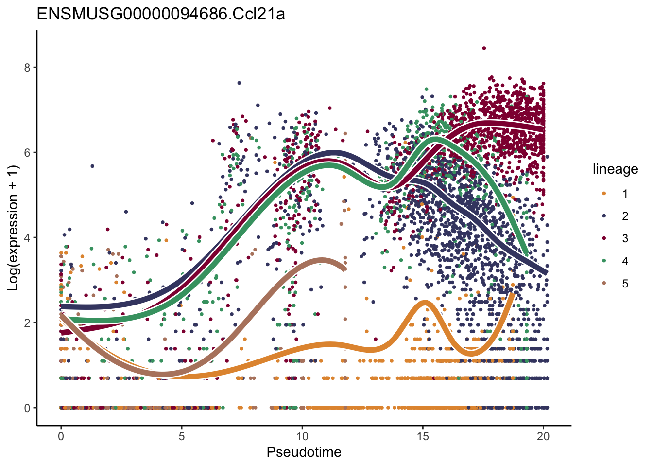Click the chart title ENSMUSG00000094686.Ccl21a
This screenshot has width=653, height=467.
160,14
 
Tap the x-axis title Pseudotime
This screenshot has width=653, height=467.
304,452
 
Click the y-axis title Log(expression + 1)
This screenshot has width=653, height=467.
13,228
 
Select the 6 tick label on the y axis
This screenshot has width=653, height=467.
27,152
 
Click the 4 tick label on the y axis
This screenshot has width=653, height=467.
27,237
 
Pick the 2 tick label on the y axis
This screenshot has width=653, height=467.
27,323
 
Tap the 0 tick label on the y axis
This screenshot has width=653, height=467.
27,408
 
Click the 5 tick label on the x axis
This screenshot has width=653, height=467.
181,436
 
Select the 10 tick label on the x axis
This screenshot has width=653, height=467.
302,436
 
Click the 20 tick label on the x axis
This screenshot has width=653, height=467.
543,436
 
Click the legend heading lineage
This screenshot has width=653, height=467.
615,169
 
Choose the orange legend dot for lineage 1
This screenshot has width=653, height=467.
604,194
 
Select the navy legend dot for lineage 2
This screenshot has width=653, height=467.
604,216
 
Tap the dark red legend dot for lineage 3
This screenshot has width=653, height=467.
604,238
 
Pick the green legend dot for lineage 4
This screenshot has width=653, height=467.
604,261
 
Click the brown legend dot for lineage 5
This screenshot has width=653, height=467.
604,284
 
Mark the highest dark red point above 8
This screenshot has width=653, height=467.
484,48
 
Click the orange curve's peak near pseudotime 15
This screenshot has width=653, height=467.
425,304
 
